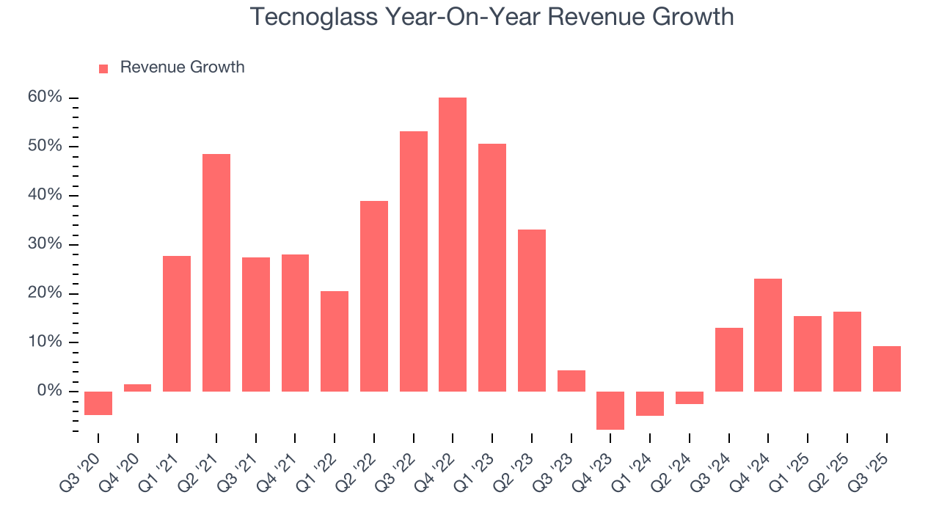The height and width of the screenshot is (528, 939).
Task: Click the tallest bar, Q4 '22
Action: click(453, 244)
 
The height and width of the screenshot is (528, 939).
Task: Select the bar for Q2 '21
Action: click(216, 272)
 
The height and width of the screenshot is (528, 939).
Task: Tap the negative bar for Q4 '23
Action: click(610, 410)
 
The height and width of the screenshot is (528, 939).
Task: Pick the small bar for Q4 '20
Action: click(137, 387)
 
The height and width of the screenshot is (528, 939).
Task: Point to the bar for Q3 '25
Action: click(886, 368)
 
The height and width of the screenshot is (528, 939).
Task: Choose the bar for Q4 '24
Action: click(768, 334)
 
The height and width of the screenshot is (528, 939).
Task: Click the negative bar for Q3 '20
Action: click(98, 403)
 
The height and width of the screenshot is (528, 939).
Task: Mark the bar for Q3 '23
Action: click(571, 381)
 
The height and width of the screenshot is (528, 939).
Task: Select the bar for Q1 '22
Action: click(335, 341)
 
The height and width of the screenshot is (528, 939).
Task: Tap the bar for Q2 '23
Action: click(532, 310)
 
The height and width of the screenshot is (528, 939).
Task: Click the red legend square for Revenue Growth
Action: click(103, 68)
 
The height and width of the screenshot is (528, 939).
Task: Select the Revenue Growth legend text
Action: click(182, 67)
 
